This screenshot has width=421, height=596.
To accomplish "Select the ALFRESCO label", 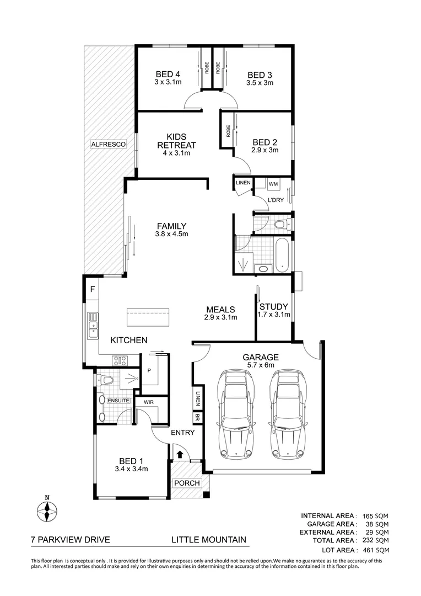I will tap(109, 144).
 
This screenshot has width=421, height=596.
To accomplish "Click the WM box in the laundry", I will tap(274, 183).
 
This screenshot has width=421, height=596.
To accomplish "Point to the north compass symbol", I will tap(47, 511).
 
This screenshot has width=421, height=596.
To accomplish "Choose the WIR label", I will tap(148, 403).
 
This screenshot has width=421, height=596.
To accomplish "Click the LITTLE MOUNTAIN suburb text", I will tap(208, 540).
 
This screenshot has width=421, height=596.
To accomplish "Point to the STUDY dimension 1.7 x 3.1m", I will tap(274, 315).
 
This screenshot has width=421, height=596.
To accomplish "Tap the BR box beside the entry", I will tap(197, 418).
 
